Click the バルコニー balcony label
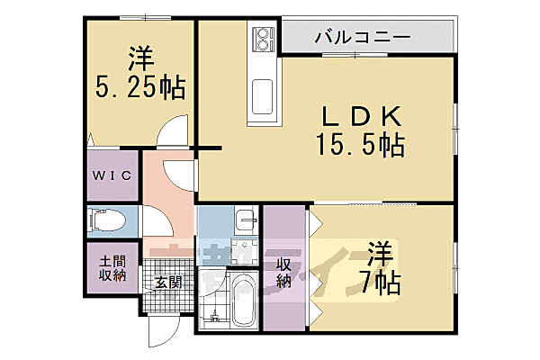point(363,38)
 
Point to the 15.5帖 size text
point(357,143)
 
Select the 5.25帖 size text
point(140,87)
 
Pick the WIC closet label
point(112,176)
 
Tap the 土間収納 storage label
point(112,267)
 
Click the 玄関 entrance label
point(167,282)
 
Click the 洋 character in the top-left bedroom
point(140,58)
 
